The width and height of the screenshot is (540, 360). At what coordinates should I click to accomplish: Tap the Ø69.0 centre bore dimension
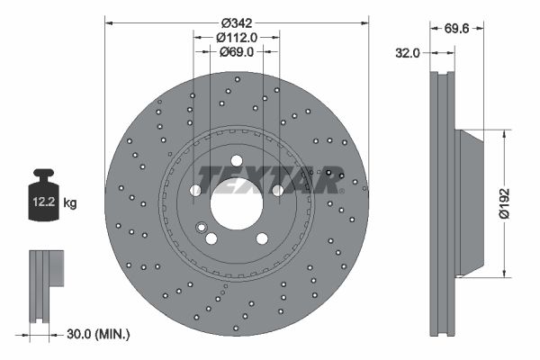(x=238, y=53)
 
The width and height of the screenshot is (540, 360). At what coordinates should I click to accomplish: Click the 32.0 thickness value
(x=409, y=53)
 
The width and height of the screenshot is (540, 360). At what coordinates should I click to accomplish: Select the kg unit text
(x=70, y=203)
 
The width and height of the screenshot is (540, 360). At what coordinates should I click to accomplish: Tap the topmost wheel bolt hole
(x=237, y=161)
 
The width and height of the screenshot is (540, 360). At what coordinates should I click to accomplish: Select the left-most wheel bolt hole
(x=195, y=191)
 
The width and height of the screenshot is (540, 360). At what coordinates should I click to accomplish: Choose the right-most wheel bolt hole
(x=277, y=191)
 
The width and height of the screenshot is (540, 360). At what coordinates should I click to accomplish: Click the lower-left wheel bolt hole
(x=211, y=239)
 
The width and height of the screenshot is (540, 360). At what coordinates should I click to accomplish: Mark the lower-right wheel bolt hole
(x=262, y=238)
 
